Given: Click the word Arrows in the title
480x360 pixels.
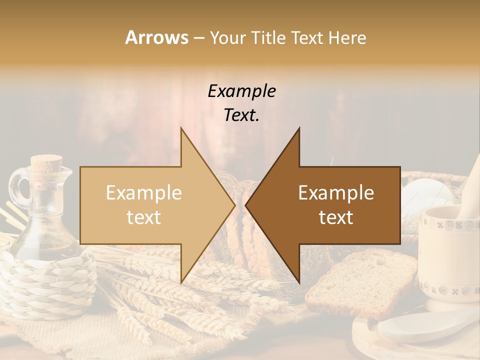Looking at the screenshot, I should (x=156, y=37).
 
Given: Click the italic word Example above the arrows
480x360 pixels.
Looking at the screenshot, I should (x=241, y=91).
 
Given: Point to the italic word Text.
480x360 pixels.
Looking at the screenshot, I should (x=241, y=115).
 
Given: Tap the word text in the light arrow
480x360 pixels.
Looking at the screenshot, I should (x=143, y=217).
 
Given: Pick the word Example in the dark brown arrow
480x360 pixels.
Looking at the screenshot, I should (x=336, y=193).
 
